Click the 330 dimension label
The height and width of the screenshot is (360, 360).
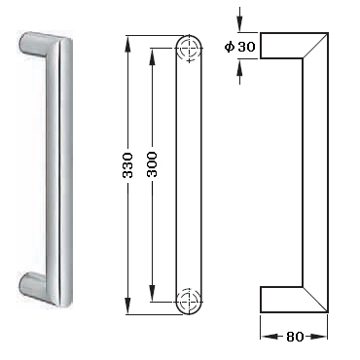click(128, 165)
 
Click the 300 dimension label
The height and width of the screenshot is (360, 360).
click(152, 164)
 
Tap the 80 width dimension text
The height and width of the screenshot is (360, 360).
click(295, 337)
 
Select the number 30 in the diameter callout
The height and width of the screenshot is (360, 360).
click(246, 48)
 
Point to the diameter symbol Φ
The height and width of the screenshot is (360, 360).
click(230, 48)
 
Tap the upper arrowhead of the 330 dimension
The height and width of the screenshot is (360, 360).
click(128, 43)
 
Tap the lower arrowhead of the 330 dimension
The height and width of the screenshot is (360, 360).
click(128, 306)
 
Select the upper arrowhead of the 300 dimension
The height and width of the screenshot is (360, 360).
click(152, 55)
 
